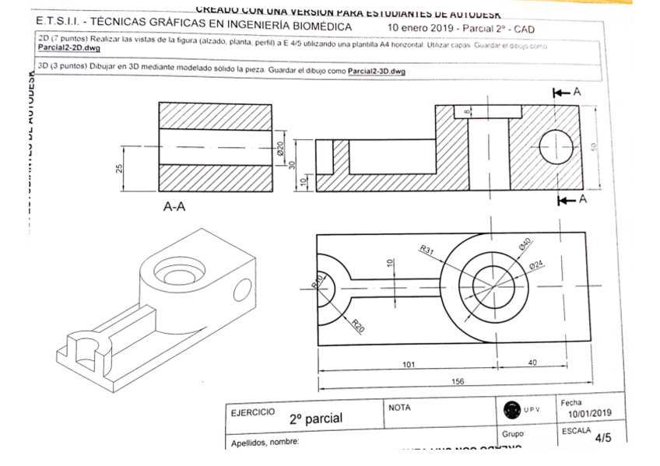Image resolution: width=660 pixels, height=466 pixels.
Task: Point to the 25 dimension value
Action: pos(119,169)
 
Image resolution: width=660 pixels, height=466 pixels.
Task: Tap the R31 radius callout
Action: pos(427,250)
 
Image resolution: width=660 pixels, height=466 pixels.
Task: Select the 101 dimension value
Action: pos(408,363)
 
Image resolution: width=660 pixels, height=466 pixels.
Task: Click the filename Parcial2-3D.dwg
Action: pos(377,71)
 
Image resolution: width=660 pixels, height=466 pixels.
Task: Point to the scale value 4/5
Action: pos(602,438)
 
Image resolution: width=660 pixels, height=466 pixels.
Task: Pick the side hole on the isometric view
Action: pos(241,289)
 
